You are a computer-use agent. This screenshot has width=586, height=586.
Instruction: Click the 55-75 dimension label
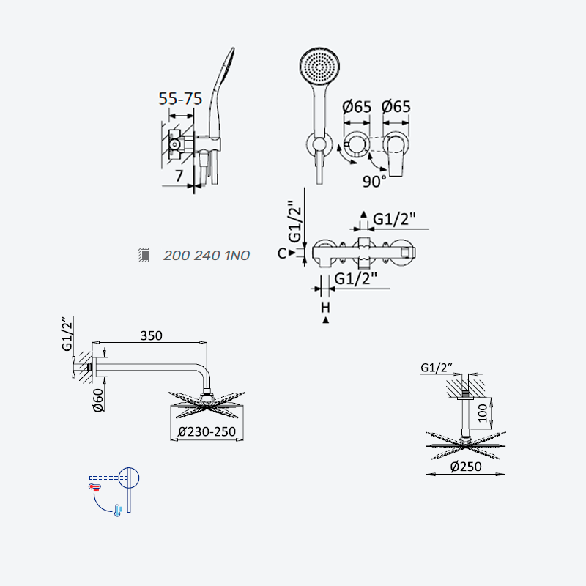tap(180, 99)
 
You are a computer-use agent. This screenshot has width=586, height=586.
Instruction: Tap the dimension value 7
tap(179, 176)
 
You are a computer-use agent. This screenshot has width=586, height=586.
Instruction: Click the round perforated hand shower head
tap(319, 67)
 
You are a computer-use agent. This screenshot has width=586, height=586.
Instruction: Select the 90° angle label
tap(374, 182)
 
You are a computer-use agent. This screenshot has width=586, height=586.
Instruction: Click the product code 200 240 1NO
tap(207, 256)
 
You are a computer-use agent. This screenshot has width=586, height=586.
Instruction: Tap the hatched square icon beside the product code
tap(144, 255)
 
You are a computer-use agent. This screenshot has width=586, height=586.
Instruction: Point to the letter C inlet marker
tap(282, 253)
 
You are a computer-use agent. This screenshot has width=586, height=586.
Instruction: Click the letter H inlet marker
tap(325, 307)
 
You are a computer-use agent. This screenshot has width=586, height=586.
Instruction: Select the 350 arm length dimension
tap(152, 335)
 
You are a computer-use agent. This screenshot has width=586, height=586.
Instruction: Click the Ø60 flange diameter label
tap(98, 400)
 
